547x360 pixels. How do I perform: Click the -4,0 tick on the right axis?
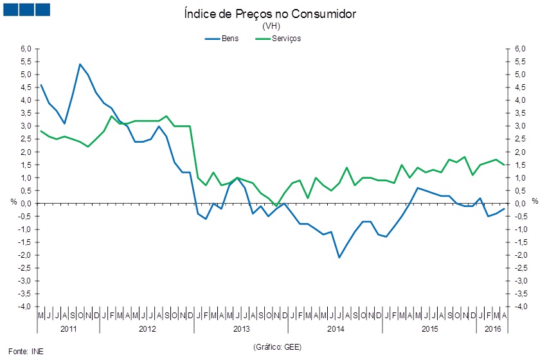pos(519,307)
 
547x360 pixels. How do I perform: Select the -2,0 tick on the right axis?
pos(519,255)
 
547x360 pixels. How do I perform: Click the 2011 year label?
pos(68,328)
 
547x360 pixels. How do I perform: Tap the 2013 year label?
pos(241,328)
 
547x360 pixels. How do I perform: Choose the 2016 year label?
pos(493,328)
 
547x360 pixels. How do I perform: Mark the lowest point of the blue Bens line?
pos(339,257)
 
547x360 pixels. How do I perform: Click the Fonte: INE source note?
pos(28,351)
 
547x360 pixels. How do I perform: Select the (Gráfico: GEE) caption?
pos(277,347)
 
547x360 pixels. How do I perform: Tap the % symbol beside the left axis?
pos(14,201)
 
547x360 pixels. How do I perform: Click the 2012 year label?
pos(147,328)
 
